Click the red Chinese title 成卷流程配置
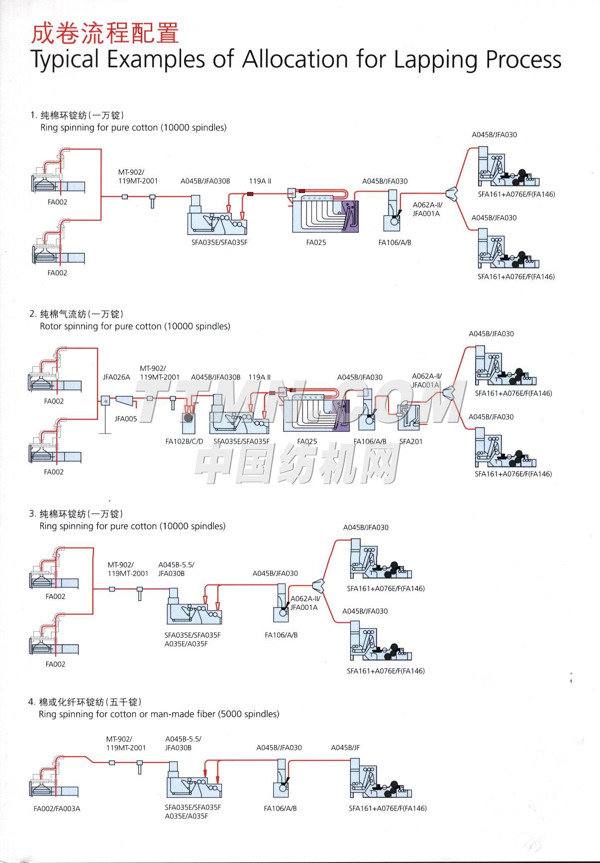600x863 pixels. [x=104, y=33]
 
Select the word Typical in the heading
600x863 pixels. [x=65, y=60]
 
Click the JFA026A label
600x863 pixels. [x=116, y=377]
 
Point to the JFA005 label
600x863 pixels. [x=126, y=419]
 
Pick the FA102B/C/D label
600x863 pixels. [x=184, y=441]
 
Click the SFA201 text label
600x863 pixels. [x=411, y=441]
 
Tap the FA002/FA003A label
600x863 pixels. [x=57, y=808]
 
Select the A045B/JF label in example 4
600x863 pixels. [x=345, y=747]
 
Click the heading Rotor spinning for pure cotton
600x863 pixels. [x=135, y=326]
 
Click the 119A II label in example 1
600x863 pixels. [x=260, y=181]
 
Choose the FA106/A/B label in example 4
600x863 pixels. [x=280, y=808]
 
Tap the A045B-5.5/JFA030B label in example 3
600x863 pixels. [x=176, y=569]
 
